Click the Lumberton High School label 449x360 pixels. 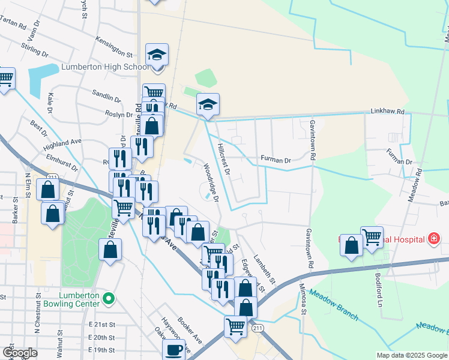(96, 67)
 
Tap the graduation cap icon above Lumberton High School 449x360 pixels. (157, 55)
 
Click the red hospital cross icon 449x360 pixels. (433, 239)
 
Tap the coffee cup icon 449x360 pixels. (174, 350)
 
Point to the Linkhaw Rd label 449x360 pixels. (388, 112)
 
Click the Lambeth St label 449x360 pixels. (264, 269)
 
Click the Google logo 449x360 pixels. (20, 353)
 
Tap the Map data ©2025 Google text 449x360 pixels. (411, 355)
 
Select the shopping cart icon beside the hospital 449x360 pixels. (372, 237)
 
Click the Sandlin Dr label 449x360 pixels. (107, 94)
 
